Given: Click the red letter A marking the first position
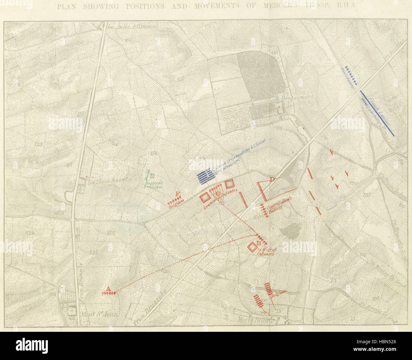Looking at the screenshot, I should (108, 289).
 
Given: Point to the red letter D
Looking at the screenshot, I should (272, 180).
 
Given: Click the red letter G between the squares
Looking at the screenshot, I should (218, 194).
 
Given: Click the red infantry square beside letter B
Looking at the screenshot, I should (252, 247).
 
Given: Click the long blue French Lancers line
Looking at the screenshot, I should (377, 113).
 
